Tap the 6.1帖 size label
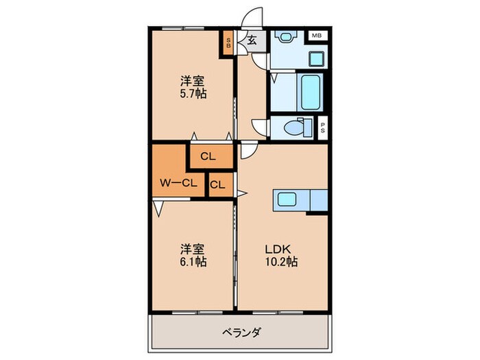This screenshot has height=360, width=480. pos(193,261)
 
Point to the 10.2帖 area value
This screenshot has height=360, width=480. pos(283,261)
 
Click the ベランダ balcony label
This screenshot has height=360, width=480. pos(239,333)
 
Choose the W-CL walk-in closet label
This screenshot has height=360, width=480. pos(179,183)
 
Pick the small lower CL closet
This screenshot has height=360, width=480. pos(217,184)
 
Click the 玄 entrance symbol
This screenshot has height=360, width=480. pos(252,40)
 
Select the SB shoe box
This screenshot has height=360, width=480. pos(230,43)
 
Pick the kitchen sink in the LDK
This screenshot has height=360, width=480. pos(285,200)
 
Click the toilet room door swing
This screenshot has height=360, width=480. pos(261,127)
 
